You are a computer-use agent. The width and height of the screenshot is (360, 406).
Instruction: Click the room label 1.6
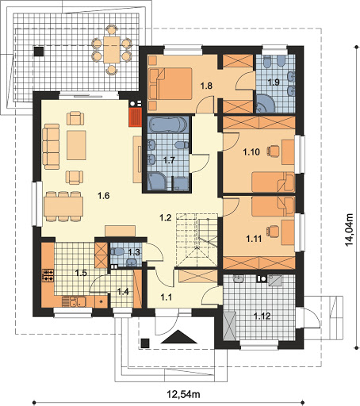point(103,196)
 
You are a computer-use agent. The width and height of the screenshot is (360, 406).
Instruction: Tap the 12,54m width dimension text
point(183,394)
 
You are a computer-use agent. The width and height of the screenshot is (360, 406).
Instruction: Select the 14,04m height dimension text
point(349,229)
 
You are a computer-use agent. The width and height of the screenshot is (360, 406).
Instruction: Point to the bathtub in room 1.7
point(168,124)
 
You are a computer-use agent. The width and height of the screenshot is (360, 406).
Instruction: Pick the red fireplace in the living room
point(136,117)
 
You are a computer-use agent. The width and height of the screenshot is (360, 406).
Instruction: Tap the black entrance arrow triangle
point(179,337)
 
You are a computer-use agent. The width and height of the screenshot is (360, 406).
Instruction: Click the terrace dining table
point(112,50)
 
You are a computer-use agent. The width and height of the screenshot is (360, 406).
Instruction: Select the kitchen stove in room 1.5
point(48,275)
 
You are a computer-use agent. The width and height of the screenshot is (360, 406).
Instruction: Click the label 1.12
point(262,316)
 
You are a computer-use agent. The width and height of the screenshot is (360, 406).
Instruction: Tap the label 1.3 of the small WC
point(134,252)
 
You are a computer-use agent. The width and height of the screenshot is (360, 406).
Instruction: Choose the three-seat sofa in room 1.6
point(51,146)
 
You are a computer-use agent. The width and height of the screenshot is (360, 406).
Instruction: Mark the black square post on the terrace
point(39,52)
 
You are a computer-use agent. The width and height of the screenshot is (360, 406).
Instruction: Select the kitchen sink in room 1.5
point(74,301)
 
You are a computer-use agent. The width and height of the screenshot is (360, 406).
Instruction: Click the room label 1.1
point(167,297)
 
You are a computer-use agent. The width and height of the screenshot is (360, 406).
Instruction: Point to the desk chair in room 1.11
point(273,232)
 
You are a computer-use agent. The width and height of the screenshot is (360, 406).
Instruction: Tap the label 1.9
point(274,82)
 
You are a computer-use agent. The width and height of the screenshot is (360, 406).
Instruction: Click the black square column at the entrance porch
point(145,343)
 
